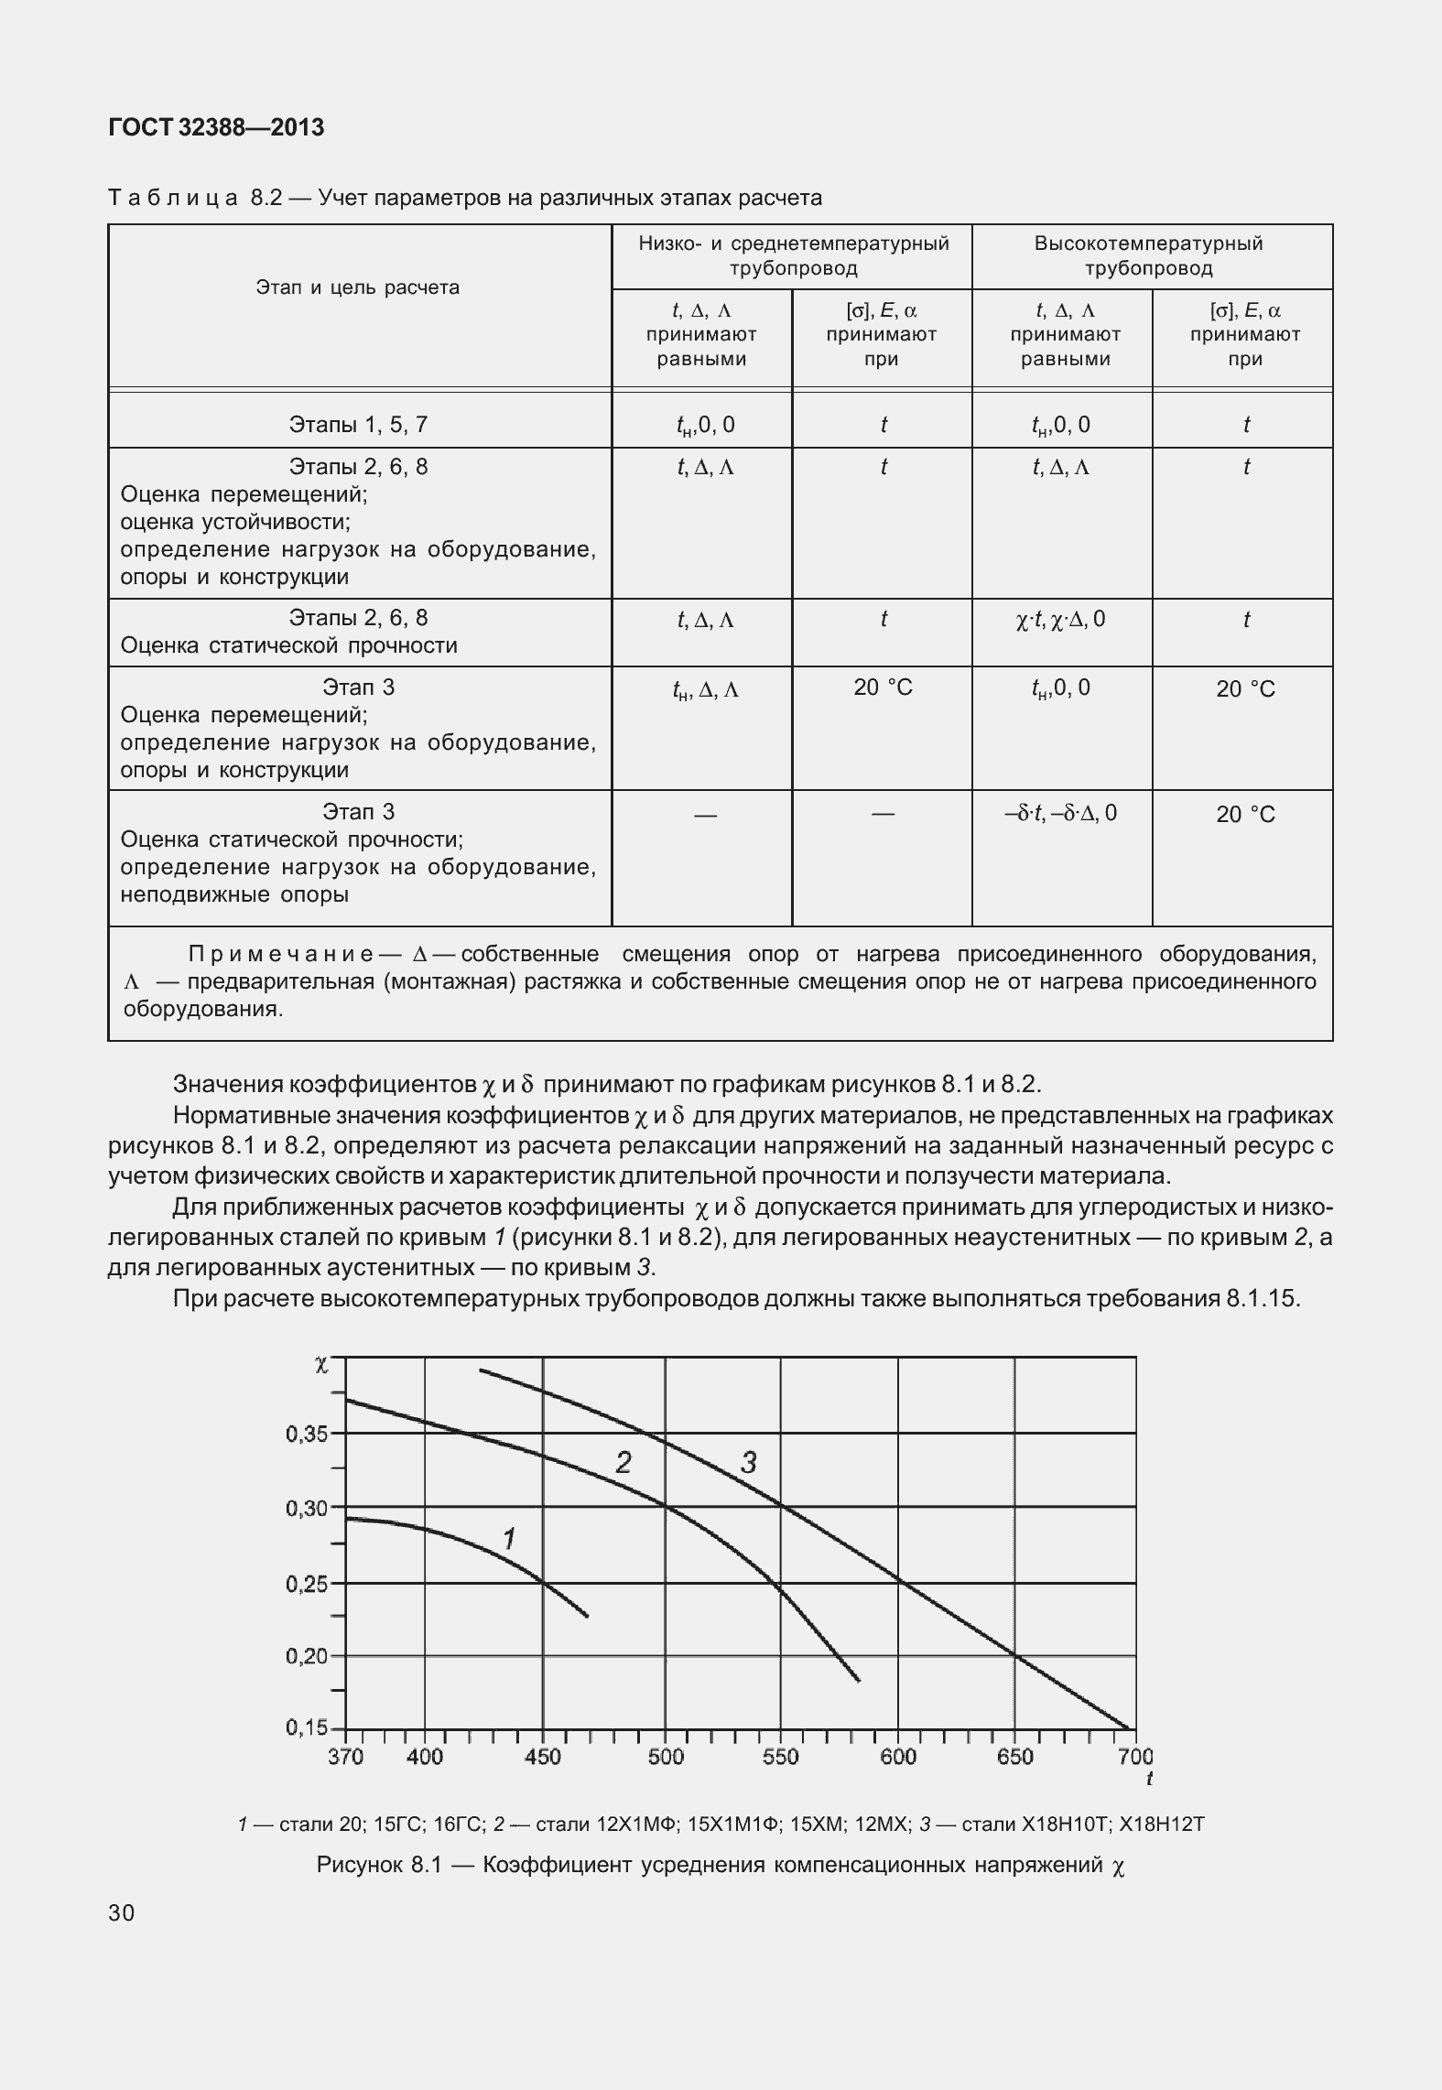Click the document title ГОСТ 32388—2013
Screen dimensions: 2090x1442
[x=216, y=128]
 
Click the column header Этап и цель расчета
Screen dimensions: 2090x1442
[x=357, y=287]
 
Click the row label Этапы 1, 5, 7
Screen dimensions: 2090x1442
[x=358, y=425]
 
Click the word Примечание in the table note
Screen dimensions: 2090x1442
[x=279, y=954]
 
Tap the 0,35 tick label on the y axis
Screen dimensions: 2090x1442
[x=306, y=1435]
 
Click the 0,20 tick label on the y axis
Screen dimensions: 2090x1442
[x=306, y=1656]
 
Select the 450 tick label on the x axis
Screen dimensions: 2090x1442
[x=543, y=1756]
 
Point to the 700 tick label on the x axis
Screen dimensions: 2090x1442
[x=1135, y=1756]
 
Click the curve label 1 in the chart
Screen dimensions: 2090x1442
[x=509, y=1538]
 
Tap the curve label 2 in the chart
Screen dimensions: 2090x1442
[x=623, y=1462]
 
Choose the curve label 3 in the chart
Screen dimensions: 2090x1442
[x=748, y=1463]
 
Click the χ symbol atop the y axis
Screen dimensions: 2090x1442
[x=320, y=1364]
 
